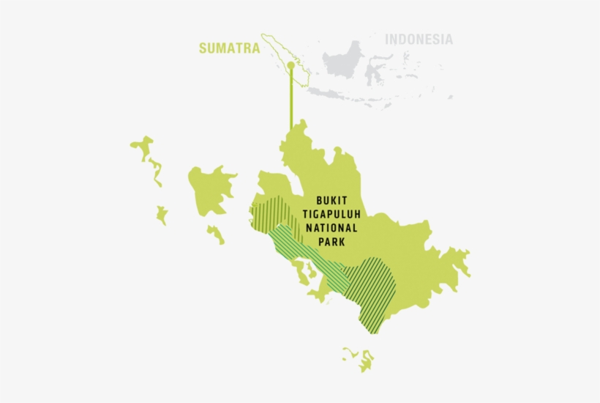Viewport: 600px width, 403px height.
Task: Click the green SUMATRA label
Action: tap(229, 48)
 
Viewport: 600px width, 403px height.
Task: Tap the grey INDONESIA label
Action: tap(419, 40)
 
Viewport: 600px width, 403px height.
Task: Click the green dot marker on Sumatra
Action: tap(290, 65)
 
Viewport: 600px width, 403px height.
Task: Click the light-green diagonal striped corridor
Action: tap(307, 253)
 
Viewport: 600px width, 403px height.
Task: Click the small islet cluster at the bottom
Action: tap(359, 358)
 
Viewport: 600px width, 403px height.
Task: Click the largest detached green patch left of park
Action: tap(210, 187)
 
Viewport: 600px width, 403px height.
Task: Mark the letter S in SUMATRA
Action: tap(203, 48)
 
